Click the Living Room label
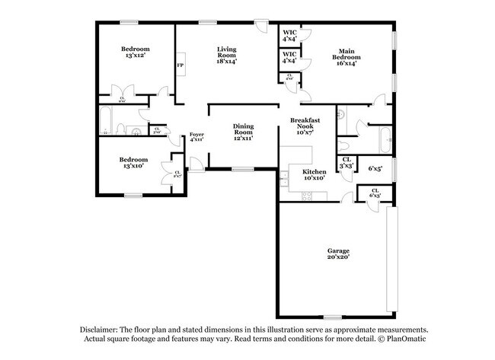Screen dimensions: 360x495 (x=227, y=54)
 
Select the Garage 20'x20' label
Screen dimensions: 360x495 (x=340, y=253)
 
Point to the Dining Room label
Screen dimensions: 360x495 (x=243, y=132)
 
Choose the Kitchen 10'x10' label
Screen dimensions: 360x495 (x=314, y=176)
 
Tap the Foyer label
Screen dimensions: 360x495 (x=196, y=136)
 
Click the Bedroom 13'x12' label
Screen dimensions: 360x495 (x=135, y=52)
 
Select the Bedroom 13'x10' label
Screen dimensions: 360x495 (x=133, y=163)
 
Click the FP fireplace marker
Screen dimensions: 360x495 (x=180, y=65)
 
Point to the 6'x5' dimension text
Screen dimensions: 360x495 (x=375, y=169)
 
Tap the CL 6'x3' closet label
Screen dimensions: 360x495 (x=375, y=193)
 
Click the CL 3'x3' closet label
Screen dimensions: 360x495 (x=346, y=162)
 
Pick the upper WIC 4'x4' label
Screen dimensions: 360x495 (x=289, y=35)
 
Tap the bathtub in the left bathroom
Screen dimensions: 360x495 (x=106, y=121)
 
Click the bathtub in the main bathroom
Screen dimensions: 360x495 (x=386, y=141)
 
